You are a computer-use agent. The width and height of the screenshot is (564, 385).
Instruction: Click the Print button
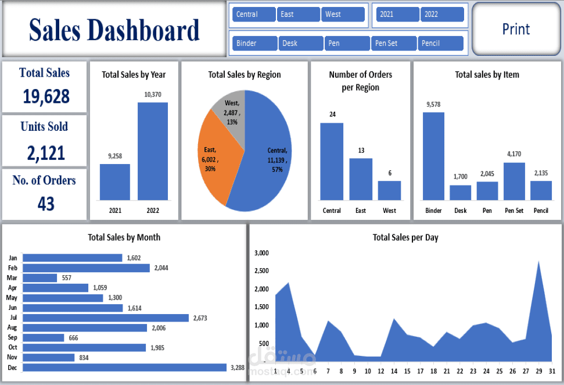click(516, 29)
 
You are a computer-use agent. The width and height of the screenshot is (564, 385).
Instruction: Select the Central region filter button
click(253, 15)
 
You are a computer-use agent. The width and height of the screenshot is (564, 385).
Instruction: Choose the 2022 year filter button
click(442, 15)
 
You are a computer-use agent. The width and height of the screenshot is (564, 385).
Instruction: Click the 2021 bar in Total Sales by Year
click(114, 182)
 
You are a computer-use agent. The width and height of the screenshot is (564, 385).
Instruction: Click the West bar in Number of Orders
click(389, 190)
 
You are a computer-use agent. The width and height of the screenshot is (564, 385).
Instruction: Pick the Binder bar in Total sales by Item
click(433, 156)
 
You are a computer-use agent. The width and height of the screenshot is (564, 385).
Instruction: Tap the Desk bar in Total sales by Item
click(460, 192)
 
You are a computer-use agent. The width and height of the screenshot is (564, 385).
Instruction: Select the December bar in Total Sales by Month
click(124, 368)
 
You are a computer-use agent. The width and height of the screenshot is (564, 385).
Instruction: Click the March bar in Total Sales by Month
click(39, 278)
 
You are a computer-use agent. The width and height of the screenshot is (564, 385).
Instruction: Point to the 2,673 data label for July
click(200, 318)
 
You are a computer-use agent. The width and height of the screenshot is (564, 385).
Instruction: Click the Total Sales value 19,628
click(46, 97)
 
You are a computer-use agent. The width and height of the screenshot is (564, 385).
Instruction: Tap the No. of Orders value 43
click(46, 204)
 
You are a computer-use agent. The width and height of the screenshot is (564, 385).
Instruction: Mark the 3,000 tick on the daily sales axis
click(261, 253)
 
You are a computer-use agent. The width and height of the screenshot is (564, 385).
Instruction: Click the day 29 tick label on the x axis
click(538, 372)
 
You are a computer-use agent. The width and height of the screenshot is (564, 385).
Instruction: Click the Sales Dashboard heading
click(114, 30)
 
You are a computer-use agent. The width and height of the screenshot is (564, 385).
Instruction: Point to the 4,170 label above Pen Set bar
click(514, 154)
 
